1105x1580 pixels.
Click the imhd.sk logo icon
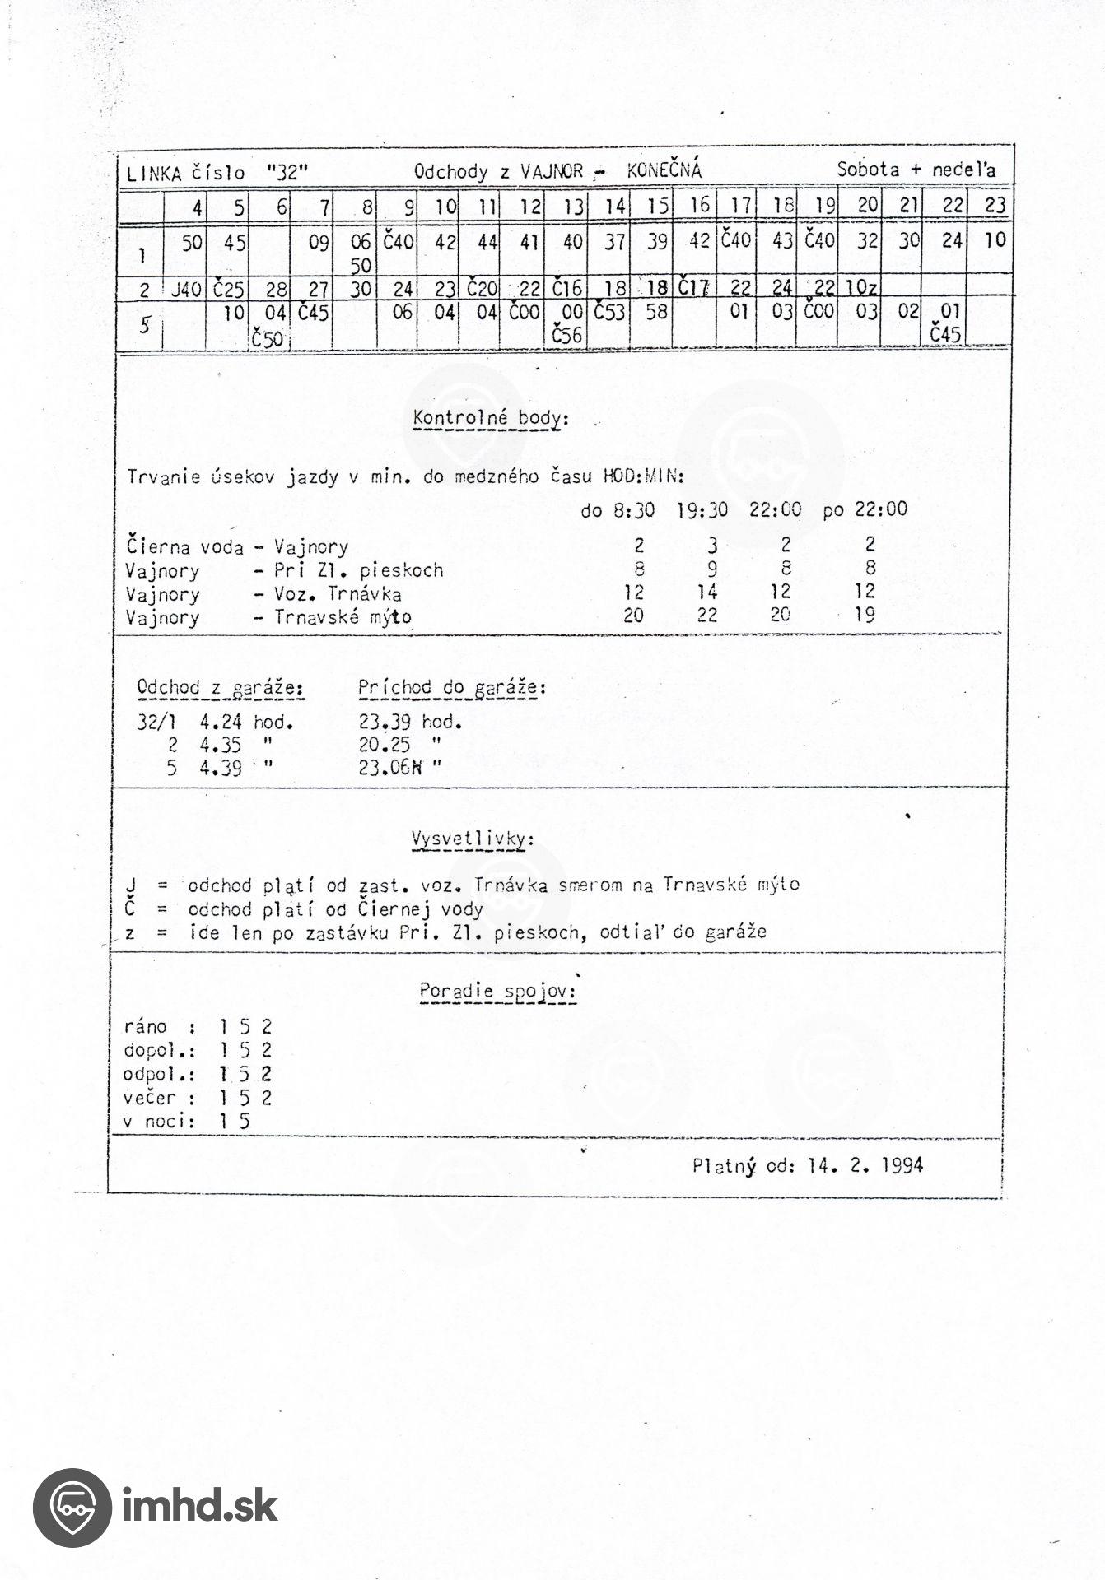tap(72, 1508)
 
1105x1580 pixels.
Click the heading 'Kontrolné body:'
tap(490, 418)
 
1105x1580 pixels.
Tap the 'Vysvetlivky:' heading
tap(472, 839)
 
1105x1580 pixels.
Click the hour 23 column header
tap(995, 206)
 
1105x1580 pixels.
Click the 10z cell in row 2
tap(860, 288)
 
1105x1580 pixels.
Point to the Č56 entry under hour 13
tap(568, 334)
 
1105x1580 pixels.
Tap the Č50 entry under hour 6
tap(268, 337)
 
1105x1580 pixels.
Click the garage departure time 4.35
tap(220, 745)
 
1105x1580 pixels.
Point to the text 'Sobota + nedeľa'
tap(916, 170)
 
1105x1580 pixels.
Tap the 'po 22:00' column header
tap(864, 509)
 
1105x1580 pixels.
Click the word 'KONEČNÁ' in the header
tap(664, 170)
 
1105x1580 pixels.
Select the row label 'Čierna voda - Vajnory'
tap(237, 546)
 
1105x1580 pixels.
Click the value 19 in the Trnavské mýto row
tap(865, 614)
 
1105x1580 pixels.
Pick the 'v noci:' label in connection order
tap(159, 1121)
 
